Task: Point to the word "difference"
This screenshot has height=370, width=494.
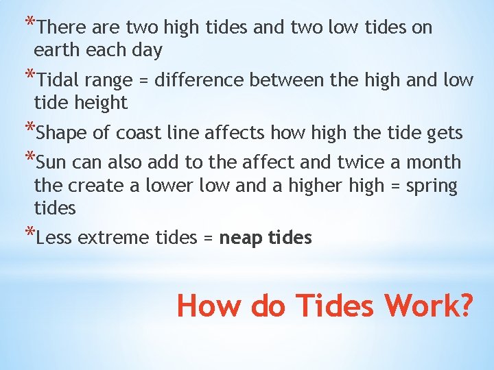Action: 200,80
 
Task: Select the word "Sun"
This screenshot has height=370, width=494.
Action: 51,163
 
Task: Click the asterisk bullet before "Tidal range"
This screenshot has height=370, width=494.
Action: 28,75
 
